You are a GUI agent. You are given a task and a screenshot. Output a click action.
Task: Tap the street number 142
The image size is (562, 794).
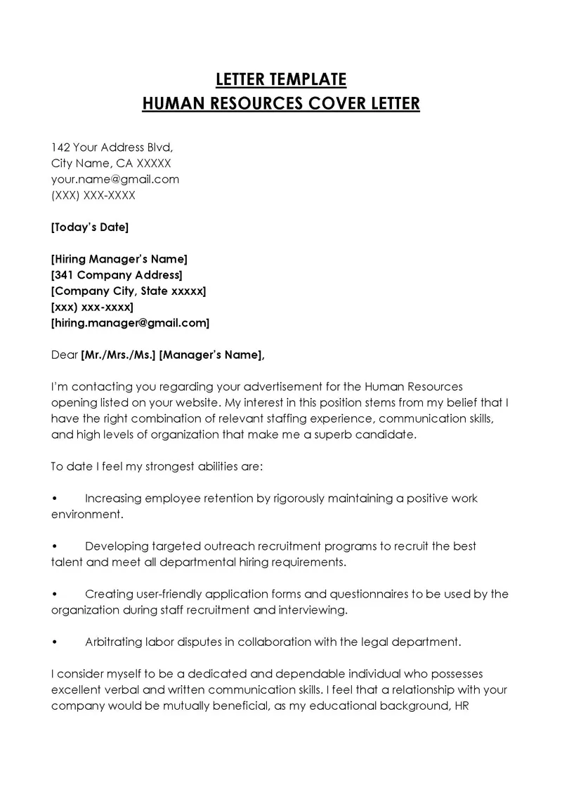[x=61, y=147]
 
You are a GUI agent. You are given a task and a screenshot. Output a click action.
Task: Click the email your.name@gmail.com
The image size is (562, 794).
[x=115, y=179]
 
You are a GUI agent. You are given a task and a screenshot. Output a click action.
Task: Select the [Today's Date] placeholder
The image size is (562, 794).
[x=90, y=227]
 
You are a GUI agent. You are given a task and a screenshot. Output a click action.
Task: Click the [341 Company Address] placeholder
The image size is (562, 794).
[x=117, y=274]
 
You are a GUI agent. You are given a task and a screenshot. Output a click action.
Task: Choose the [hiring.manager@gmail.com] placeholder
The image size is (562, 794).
[x=131, y=323]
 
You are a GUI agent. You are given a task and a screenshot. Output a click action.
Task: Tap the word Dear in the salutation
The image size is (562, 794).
[x=65, y=355]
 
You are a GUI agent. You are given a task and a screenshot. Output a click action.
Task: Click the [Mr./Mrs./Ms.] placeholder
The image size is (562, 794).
[x=119, y=355]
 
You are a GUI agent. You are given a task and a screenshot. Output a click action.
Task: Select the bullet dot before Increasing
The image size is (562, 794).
[x=55, y=499]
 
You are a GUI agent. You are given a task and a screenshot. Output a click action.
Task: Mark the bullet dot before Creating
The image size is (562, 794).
[x=55, y=595]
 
